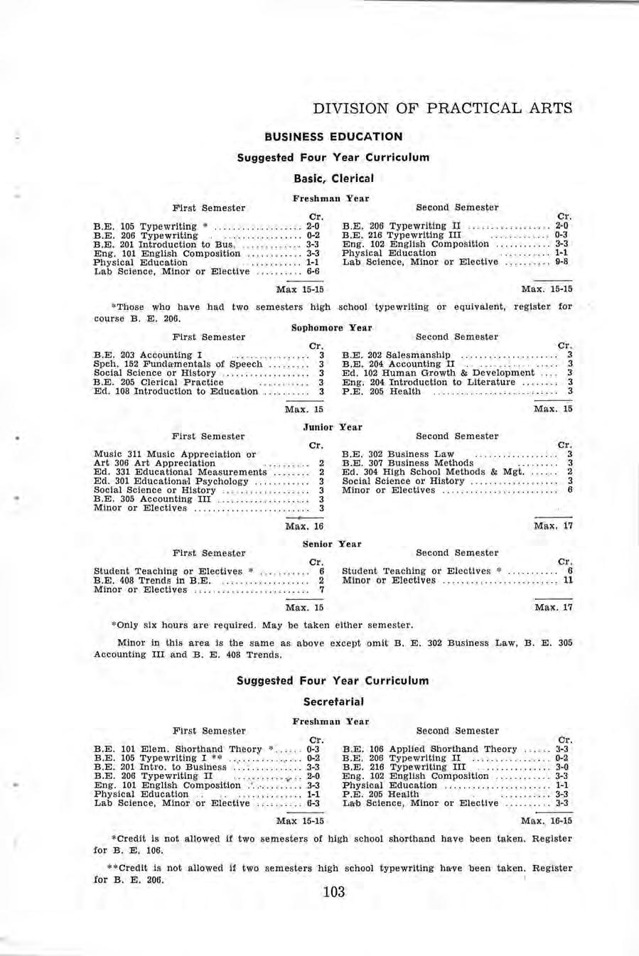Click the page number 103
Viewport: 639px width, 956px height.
tap(333, 892)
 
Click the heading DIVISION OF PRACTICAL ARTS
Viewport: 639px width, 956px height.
tap(443, 109)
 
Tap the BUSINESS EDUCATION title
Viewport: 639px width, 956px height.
tap(333, 136)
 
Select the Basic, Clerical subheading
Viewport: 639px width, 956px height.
tap(333, 178)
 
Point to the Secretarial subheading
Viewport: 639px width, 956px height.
tap(333, 702)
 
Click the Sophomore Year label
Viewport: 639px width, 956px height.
tap(332, 328)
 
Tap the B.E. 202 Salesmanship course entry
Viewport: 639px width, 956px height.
tap(396, 355)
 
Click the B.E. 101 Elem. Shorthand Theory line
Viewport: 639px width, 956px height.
tap(181, 749)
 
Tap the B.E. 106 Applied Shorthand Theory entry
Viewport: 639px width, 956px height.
tap(429, 749)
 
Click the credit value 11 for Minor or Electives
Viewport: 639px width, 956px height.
tap(567, 580)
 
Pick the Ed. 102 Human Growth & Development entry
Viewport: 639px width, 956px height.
tap(438, 372)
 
